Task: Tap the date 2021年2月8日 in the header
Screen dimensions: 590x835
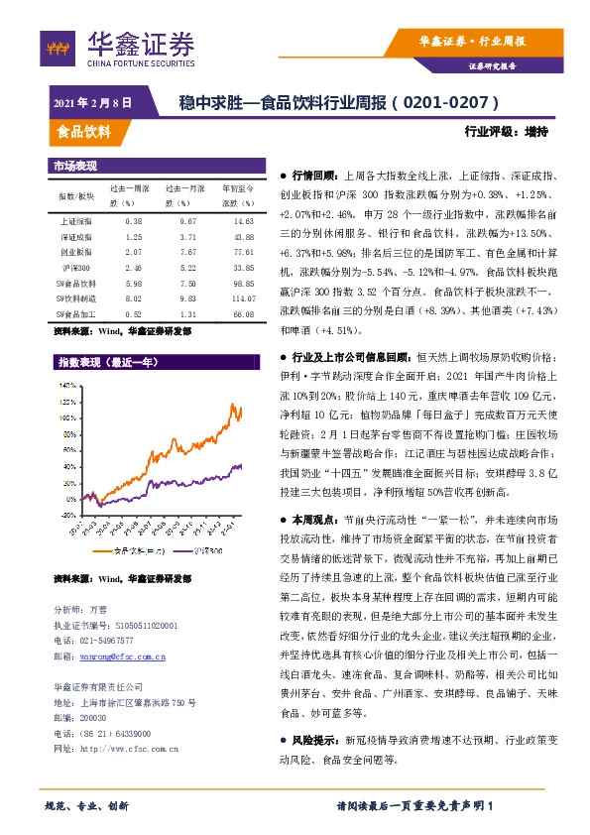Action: (90, 103)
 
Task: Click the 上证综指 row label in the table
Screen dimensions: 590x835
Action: (75, 221)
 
